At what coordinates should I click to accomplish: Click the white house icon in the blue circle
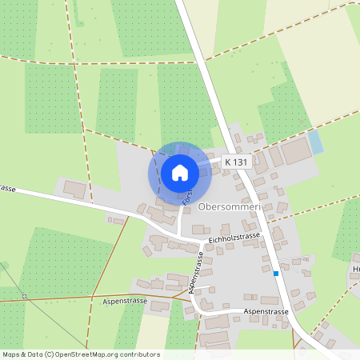tap(180, 173)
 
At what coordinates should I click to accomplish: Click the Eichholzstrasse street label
tap(234, 238)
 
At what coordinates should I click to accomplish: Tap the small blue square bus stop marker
tap(276, 274)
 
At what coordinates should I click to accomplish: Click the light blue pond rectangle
tap(315, 142)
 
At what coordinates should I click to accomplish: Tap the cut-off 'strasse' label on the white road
tap(9, 189)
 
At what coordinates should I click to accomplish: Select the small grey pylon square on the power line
tap(25, 297)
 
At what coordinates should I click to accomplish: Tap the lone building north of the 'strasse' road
tap(74, 190)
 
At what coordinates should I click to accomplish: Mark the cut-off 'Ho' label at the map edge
tap(355, 270)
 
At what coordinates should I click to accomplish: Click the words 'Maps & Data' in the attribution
tap(22, 354)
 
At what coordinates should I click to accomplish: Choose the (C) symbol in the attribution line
tap(49, 354)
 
